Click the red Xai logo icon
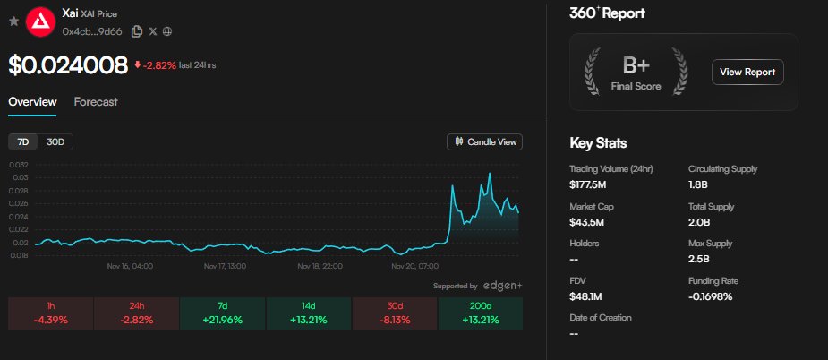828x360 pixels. pyautogui.click(x=38, y=21)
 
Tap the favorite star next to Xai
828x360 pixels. pyautogui.click(x=13, y=21)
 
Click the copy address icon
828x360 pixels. pyautogui.click(x=137, y=31)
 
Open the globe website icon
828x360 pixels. pyautogui.click(x=168, y=31)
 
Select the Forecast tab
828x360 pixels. pyautogui.click(x=96, y=102)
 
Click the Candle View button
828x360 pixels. pyautogui.click(x=484, y=141)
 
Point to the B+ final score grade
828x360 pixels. pyautogui.click(x=636, y=65)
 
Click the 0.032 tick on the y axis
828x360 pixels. pyautogui.click(x=19, y=165)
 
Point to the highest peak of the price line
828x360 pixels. pyautogui.click(x=490, y=173)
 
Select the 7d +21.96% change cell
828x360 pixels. pyautogui.click(x=224, y=313)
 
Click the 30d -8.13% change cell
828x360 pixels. pyautogui.click(x=396, y=313)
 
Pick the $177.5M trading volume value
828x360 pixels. pyautogui.click(x=588, y=185)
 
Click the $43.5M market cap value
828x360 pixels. pyautogui.click(x=586, y=222)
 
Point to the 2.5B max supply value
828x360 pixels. pyautogui.click(x=700, y=260)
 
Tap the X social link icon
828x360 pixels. pyautogui.click(x=153, y=31)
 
